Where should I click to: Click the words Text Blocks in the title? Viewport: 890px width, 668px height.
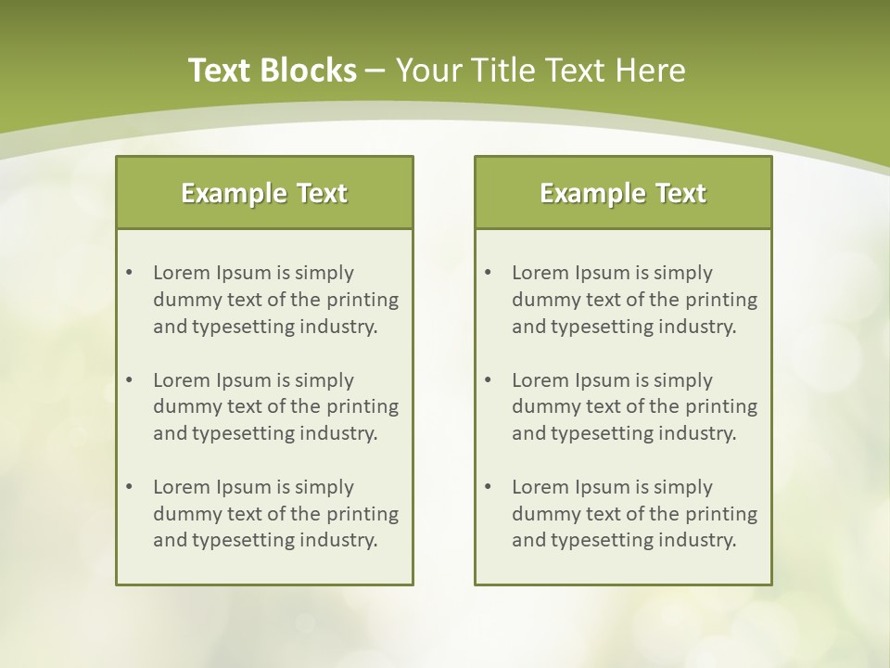pos(272,71)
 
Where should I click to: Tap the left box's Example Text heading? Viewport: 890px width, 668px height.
pos(264,193)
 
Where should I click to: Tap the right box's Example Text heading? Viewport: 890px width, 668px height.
pos(623,193)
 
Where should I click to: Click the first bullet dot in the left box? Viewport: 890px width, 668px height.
pos(129,273)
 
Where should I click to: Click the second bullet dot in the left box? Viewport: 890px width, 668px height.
pos(129,380)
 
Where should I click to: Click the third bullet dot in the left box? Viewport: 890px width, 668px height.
pos(129,487)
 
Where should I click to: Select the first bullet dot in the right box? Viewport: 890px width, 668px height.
pos(488,273)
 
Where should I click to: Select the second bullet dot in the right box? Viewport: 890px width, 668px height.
pos(488,380)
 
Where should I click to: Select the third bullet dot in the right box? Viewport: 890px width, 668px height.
pos(488,487)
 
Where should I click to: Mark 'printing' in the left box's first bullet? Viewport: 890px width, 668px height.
pos(363,300)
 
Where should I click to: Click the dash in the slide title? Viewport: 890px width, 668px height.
pos(375,71)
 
